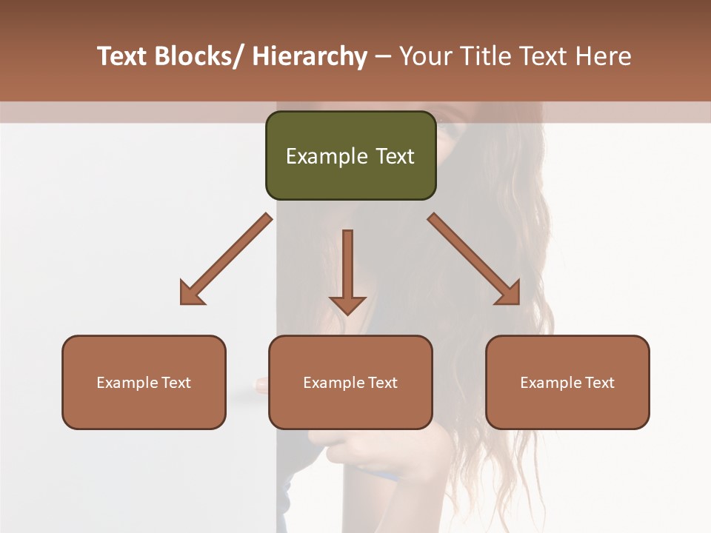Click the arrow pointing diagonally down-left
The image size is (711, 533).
pyautogui.click(x=226, y=259)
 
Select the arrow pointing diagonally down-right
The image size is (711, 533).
pyautogui.click(x=474, y=259)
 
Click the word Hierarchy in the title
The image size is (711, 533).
pyautogui.click(x=310, y=57)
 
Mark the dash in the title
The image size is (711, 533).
pyautogui.click(x=383, y=57)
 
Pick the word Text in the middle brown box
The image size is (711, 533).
pyautogui.click(x=383, y=383)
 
